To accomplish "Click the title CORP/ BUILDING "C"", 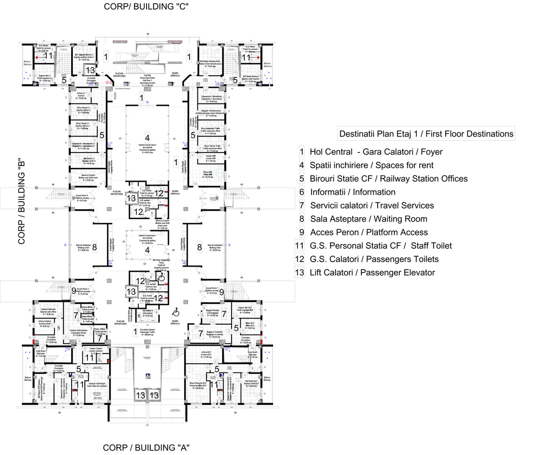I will click(146, 7).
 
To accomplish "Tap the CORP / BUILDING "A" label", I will click(146, 447).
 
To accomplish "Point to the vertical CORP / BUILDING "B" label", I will click(22, 201).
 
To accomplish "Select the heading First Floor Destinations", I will click(426, 134).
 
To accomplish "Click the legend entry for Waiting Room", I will click(369, 219).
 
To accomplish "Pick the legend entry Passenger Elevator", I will click(372, 272).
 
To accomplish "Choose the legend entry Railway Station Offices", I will click(388, 179).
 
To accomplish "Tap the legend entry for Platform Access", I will click(369, 232).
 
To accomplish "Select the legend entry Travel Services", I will click(372, 205).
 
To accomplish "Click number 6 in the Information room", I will click(139, 315).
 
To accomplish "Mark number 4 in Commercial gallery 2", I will click(147, 138).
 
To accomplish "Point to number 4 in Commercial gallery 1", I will click(147, 250).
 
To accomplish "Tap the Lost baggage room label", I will click(212, 312).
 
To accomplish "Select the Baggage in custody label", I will click(214, 335).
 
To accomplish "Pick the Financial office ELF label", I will click(197, 385).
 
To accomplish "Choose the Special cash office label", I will click(48, 311).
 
